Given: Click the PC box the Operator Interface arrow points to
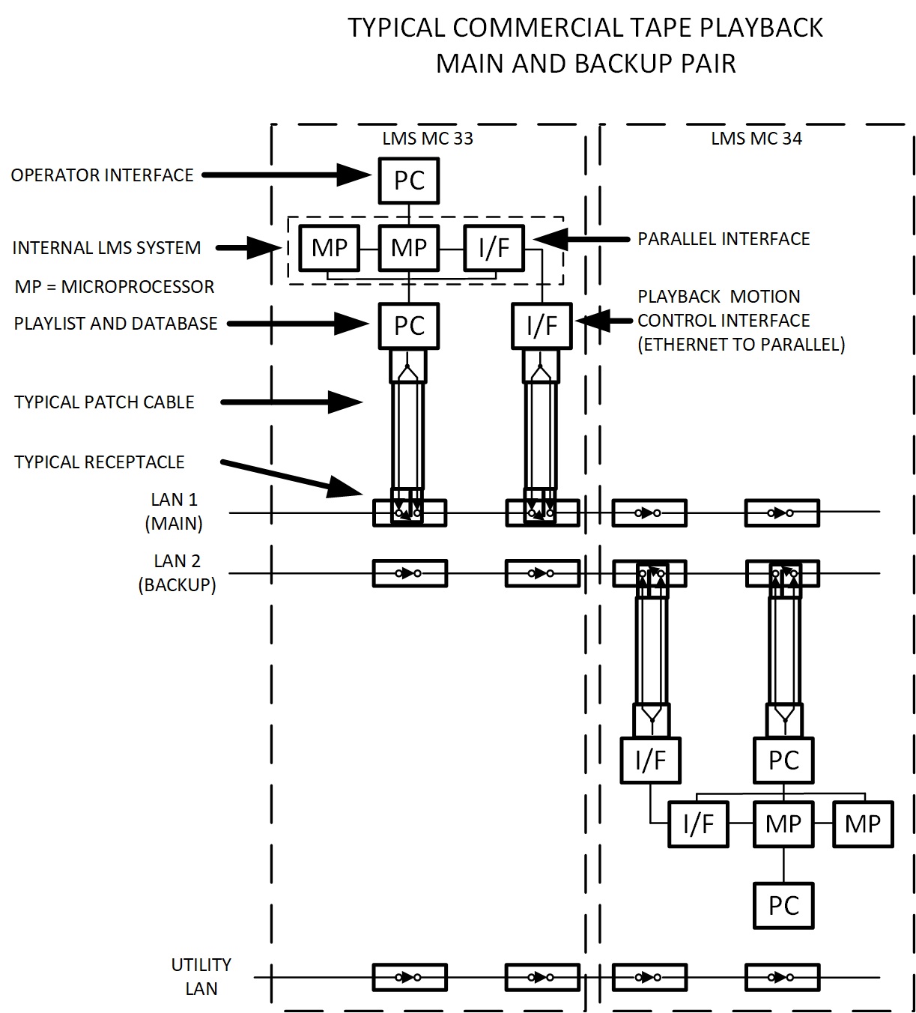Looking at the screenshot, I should pyautogui.click(x=409, y=181).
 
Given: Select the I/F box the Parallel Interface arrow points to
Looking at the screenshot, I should pyautogui.click(x=494, y=247).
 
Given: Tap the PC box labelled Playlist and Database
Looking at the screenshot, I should pyautogui.click(x=409, y=326).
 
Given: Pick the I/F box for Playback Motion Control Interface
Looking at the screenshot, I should pyautogui.click(x=542, y=326).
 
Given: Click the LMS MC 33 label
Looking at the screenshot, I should pyautogui.click(x=428, y=139).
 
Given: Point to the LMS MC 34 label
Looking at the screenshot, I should pyautogui.click(x=756, y=139).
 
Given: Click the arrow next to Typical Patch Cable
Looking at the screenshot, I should pyautogui.click(x=292, y=402).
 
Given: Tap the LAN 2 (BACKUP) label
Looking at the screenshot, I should pyautogui.click(x=178, y=573).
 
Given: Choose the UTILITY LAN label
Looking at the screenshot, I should pyautogui.click(x=201, y=976).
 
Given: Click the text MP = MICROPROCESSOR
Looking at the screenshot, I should pyautogui.click(x=115, y=286).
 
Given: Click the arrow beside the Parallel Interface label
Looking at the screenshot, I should pyautogui.click(x=581, y=239).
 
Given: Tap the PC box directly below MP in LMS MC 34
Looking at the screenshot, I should pyautogui.click(x=783, y=906).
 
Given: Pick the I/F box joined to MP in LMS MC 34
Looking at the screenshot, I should pyautogui.click(x=698, y=824).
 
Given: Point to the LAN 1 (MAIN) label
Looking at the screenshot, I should pyautogui.click(x=175, y=512).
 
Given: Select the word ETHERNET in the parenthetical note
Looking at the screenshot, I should pyautogui.click(x=684, y=345).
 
